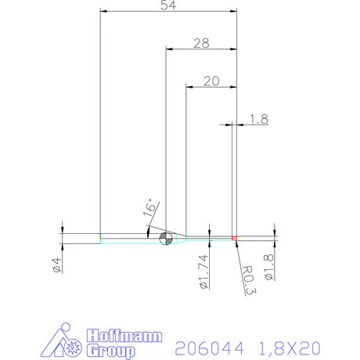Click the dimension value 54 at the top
167,6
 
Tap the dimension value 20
211,81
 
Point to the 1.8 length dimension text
259,119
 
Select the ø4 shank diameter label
56,265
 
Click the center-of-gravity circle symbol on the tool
165,238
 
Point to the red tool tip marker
234,237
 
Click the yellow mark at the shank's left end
99,238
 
